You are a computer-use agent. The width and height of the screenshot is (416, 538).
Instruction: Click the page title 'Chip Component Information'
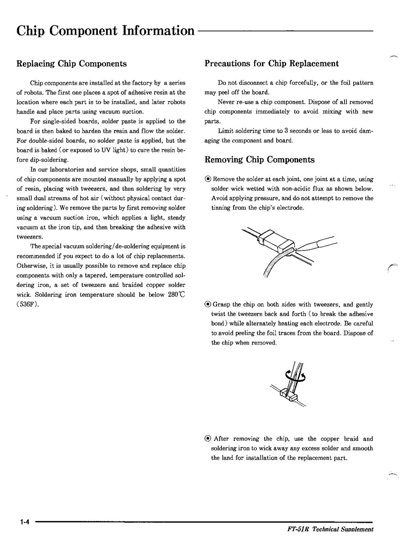(105, 31)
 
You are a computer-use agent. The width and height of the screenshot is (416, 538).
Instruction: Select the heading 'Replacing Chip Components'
(71, 64)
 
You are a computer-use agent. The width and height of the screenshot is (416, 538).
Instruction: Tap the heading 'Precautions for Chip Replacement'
(271, 64)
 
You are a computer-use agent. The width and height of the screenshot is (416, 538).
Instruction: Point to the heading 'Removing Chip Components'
(259, 160)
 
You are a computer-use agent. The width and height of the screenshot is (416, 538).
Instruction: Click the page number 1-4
(24, 522)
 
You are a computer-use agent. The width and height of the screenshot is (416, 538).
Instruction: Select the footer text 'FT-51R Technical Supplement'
(330, 529)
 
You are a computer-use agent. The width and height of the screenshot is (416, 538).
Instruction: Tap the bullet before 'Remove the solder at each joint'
(208, 179)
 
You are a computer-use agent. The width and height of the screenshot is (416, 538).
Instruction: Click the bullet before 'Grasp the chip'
(208, 304)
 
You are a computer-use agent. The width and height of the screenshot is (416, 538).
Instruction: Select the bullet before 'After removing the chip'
(208, 439)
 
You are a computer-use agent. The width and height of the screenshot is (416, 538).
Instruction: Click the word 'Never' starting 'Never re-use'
(226, 102)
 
